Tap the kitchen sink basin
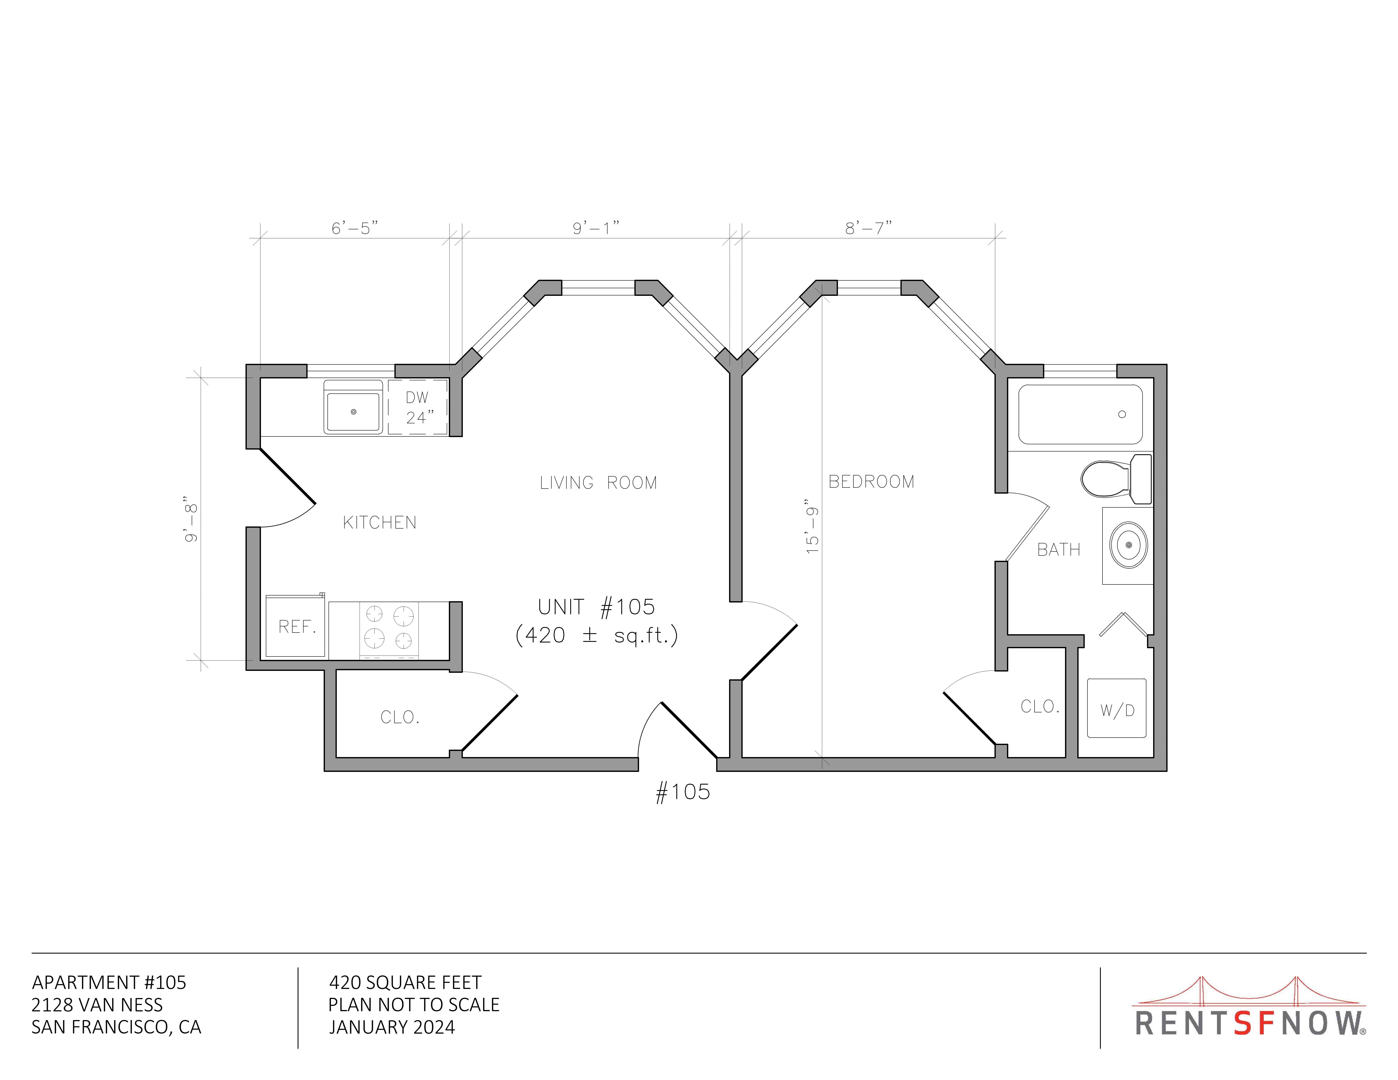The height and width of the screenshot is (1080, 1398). [x=353, y=411]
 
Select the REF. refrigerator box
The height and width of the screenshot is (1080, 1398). [x=296, y=626]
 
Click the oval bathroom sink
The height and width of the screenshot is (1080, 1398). [x=1129, y=545]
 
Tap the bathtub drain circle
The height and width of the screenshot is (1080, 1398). [x=1122, y=415]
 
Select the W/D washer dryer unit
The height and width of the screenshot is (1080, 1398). [x=1117, y=708]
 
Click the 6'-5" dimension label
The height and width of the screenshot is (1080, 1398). [x=355, y=228]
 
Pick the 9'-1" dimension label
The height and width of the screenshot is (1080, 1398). [x=596, y=228]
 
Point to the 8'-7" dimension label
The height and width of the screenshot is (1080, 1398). [x=869, y=228]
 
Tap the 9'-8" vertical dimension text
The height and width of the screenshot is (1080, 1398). [x=191, y=519]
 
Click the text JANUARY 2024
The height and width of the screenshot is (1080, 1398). [x=392, y=1027]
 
